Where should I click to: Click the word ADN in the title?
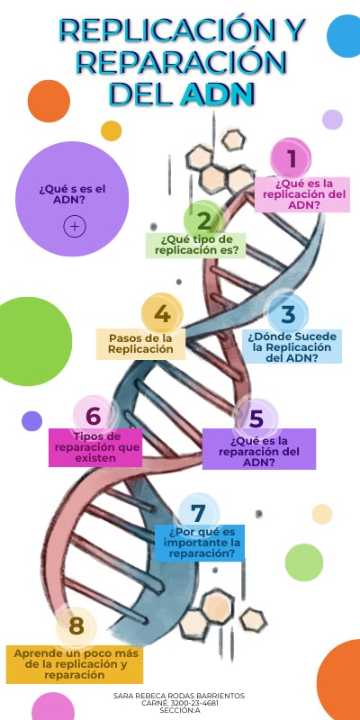218,94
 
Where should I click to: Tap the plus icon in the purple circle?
75,227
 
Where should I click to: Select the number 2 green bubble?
204,220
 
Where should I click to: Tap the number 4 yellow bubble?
162,314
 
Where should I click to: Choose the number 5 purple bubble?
256,418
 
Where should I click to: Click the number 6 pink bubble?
93,416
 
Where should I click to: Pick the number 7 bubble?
198,514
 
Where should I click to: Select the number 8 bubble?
76,625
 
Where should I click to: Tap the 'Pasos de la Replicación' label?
140,344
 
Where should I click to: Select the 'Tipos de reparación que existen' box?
95,447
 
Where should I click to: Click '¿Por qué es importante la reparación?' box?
200,543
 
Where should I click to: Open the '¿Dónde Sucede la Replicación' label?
292,346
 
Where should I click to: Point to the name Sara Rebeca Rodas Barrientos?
179,696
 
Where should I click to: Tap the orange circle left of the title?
49,101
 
